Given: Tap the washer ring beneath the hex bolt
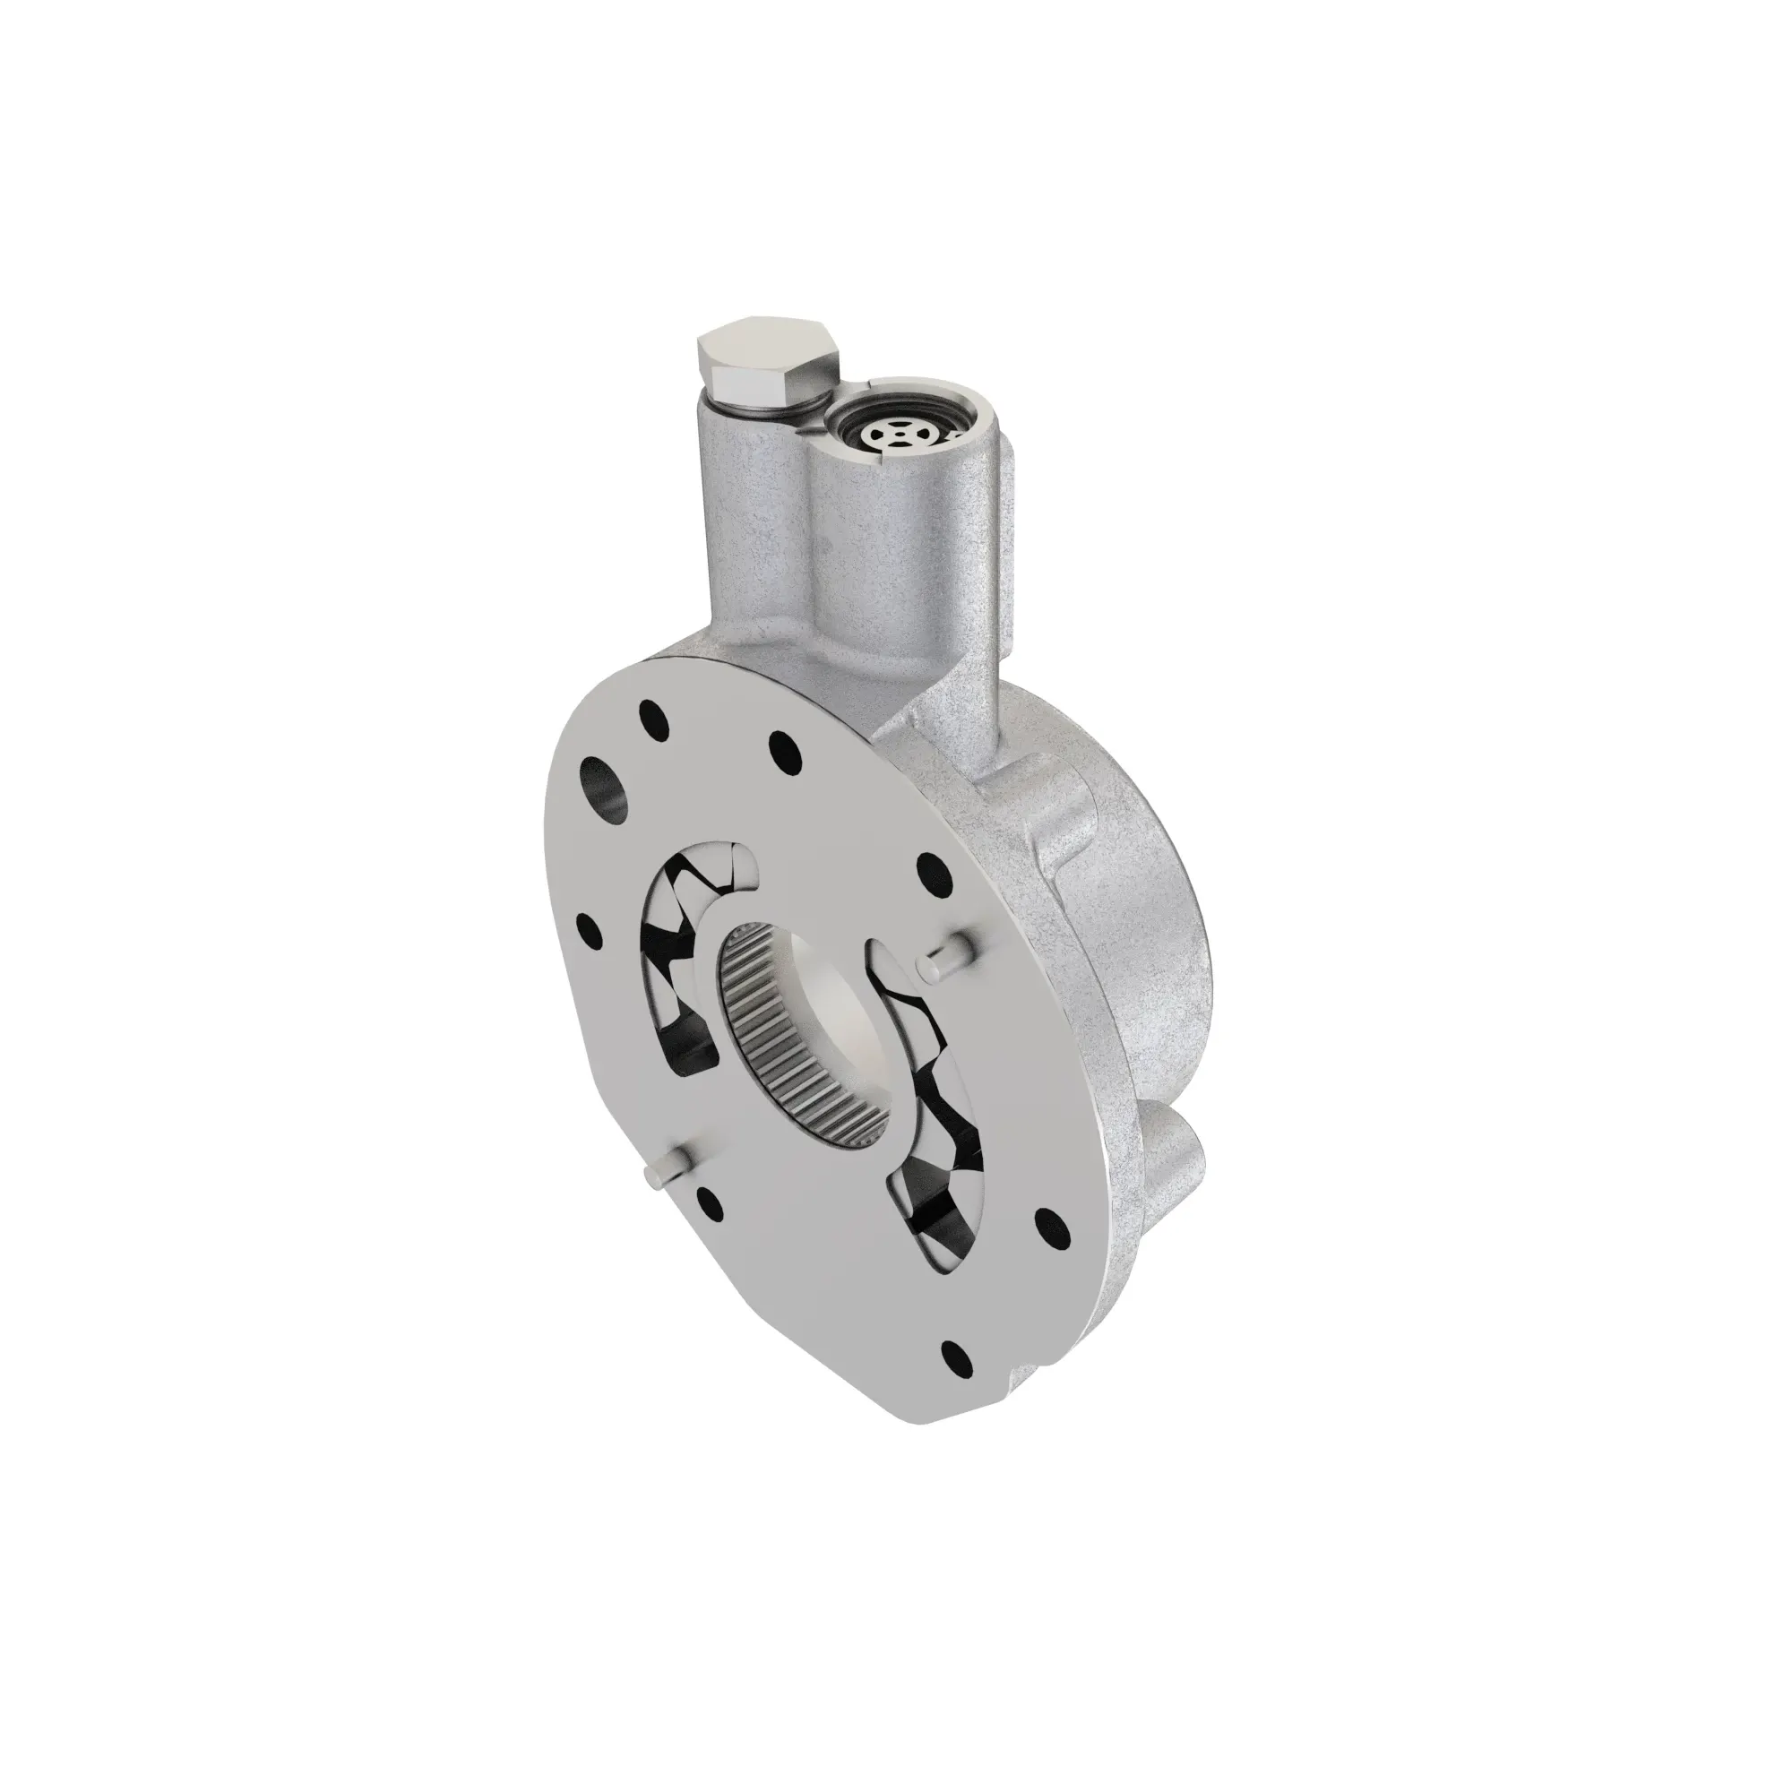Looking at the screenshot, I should pos(762,405).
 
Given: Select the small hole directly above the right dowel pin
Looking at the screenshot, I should pos(931,870).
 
